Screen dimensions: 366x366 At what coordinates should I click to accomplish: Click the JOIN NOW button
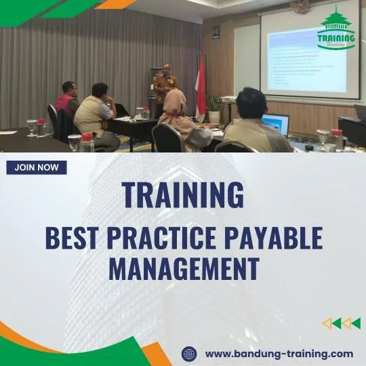(x=37, y=167)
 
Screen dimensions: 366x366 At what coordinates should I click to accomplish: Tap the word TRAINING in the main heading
(x=183, y=195)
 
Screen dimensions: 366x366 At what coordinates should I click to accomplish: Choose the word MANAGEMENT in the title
(x=184, y=268)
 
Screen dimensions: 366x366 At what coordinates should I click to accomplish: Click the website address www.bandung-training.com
(x=279, y=354)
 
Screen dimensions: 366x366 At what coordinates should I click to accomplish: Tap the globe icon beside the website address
(x=189, y=354)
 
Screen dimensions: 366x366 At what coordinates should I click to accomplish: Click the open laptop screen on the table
(x=276, y=124)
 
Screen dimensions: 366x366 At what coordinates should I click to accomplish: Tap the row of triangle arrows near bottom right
(x=341, y=323)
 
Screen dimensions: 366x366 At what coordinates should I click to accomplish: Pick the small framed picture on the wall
(x=216, y=31)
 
